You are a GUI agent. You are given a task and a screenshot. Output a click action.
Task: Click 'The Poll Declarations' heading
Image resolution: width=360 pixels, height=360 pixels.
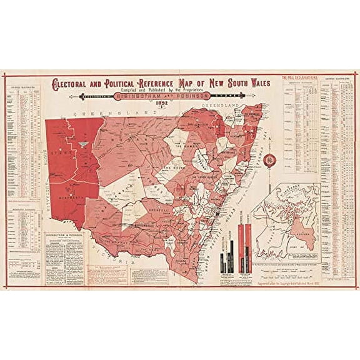coord(300,76)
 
